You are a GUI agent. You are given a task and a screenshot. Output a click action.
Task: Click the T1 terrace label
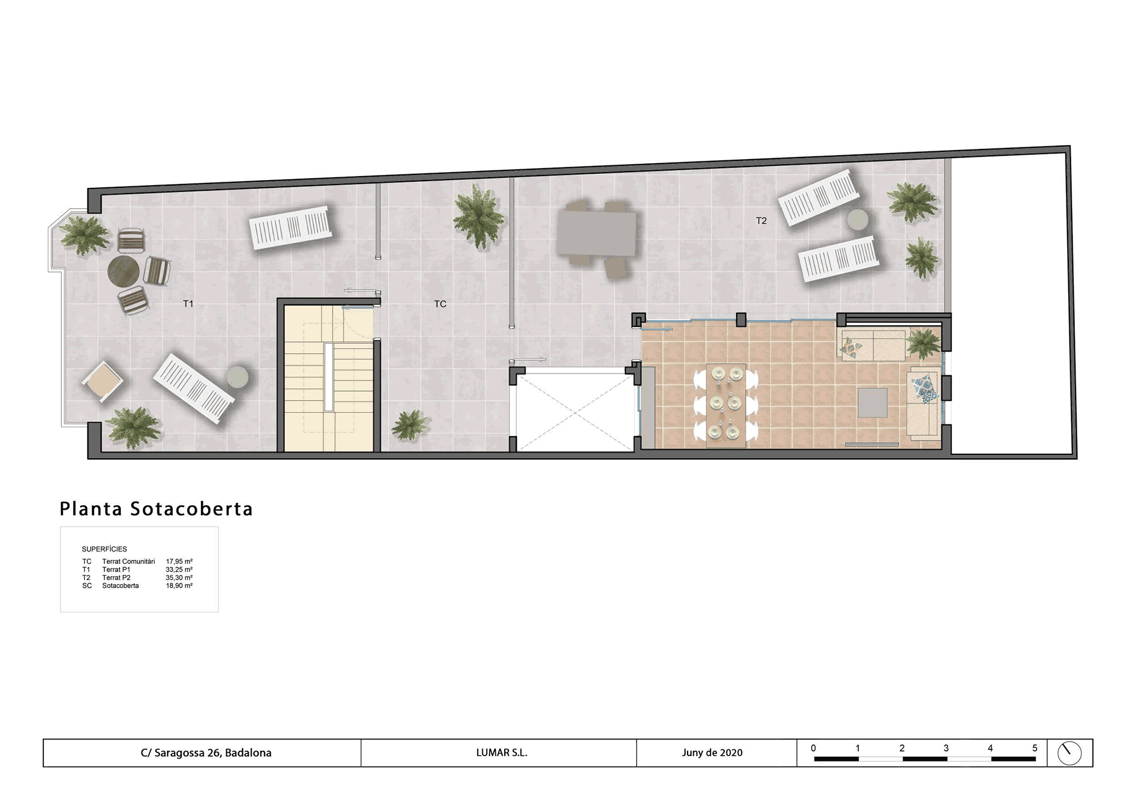pos(188,304)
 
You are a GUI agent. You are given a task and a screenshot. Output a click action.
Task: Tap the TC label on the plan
pos(440,304)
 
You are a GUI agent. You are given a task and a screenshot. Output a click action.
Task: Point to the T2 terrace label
pos(761,221)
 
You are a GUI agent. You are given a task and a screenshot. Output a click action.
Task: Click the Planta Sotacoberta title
pos(156,508)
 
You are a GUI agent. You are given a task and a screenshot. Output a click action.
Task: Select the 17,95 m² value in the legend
pos(179,562)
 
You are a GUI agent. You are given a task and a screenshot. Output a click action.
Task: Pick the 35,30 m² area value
pos(179,578)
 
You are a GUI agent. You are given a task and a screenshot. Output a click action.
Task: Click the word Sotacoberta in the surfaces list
pos(121,586)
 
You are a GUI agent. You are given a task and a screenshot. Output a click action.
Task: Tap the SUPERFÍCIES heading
pos(104,549)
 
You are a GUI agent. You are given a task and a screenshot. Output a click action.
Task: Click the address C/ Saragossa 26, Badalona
pos(206,753)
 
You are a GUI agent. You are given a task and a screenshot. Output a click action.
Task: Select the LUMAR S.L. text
pos(501,753)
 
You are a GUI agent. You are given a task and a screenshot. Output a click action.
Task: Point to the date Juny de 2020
pos(712,753)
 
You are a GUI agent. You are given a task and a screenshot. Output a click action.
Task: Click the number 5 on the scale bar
pos(1034,748)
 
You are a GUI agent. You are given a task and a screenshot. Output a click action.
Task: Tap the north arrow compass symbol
pos(1069,753)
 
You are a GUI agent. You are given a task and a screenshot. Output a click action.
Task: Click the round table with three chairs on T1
pos(124,271)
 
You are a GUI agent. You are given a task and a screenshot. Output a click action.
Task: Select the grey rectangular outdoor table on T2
pos(597,234)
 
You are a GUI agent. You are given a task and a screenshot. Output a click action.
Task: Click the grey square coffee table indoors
pos(873,402)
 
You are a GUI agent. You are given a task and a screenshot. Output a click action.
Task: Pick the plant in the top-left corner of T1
pos(85,235)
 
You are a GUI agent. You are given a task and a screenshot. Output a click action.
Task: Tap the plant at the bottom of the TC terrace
pos(410,425)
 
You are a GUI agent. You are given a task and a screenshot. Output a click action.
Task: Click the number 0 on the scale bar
pos(813,748)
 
